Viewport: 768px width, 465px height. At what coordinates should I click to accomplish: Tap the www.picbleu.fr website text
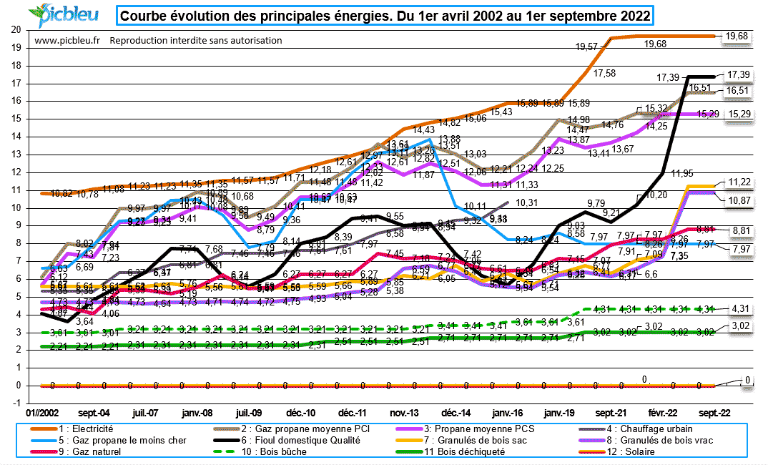67,41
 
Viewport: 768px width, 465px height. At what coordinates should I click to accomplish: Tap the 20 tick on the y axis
16,30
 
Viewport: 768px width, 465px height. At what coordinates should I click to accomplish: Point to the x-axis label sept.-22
714,413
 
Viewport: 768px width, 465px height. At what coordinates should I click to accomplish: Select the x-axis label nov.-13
404,413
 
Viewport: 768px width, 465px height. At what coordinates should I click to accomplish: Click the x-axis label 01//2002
41,413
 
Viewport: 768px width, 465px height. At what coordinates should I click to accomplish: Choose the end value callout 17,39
740,74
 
